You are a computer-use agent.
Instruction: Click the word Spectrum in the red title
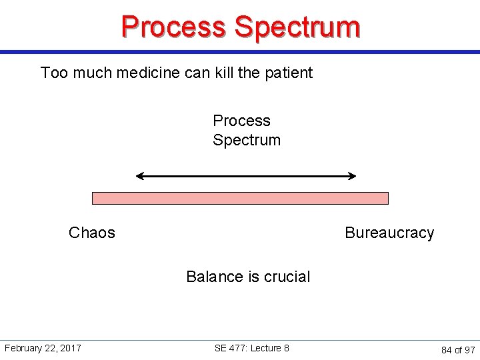pyautogui.click(x=297, y=27)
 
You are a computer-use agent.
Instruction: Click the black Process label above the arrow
pyautogui.click(x=241, y=121)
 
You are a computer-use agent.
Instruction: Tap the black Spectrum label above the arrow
pyautogui.click(x=247, y=140)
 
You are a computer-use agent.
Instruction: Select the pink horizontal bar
pyautogui.click(x=240, y=198)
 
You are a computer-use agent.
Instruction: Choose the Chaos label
pyautogui.click(x=92, y=233)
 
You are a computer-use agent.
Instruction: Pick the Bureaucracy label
pyautogui.click(x=389, y=233)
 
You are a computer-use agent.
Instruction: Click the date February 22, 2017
pyautogui.click(x=43, y=348)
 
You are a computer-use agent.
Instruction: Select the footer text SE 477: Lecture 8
pyautogui.click(x=252, y=348)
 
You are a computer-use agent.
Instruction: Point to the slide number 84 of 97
pyautogui.click(x=458, y=350)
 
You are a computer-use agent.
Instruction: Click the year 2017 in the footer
pyautogui.click(x=71, y=348)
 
